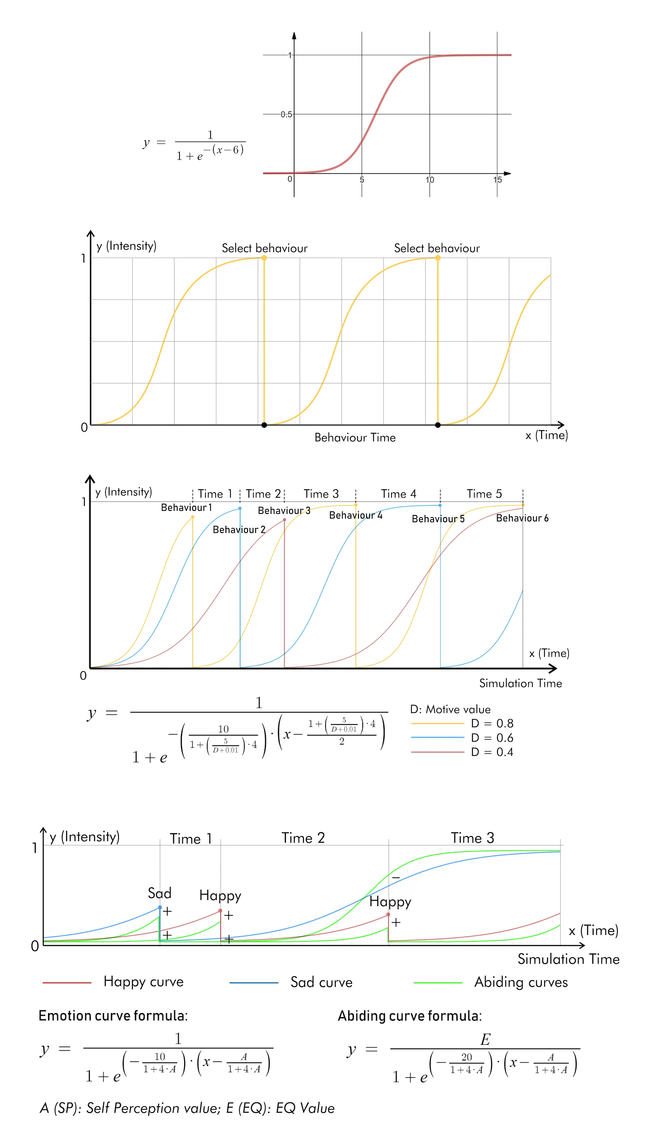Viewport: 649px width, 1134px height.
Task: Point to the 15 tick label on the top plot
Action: coord(498,179)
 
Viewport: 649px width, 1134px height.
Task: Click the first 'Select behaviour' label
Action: coord(265,248)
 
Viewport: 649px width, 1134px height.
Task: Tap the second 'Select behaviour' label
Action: coord(437,248)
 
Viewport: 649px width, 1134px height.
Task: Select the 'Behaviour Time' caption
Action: coord(355,438)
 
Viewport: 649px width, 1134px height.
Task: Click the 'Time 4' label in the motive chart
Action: coord(399,494)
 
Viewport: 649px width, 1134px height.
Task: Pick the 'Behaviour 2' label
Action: coord(239,529)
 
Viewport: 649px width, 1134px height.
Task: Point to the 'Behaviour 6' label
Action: coord(522,518)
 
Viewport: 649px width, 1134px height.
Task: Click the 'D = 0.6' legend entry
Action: coord(492,737)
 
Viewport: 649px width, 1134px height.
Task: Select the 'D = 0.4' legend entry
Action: coord(492,752)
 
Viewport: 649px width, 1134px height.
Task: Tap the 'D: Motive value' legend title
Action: coord(450,709)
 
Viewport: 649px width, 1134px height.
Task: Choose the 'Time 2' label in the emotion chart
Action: coord(303,838)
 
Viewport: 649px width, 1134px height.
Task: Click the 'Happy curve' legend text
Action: coord(144,982)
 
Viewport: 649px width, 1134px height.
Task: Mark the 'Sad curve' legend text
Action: coord(321,982)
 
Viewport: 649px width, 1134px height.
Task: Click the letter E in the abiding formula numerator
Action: coord(485,1039)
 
